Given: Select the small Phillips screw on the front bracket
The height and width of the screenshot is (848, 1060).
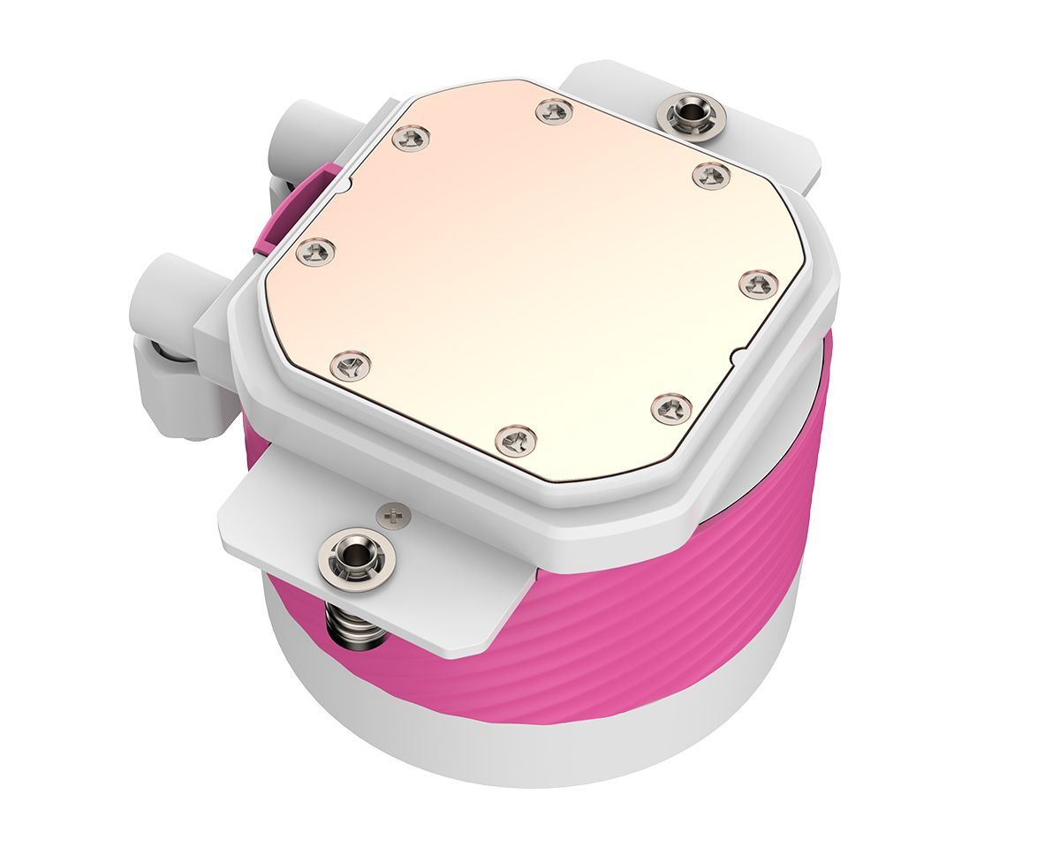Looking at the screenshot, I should pos(394,512).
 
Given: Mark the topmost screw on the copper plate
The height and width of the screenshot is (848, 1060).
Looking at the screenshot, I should pos(555,111).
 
